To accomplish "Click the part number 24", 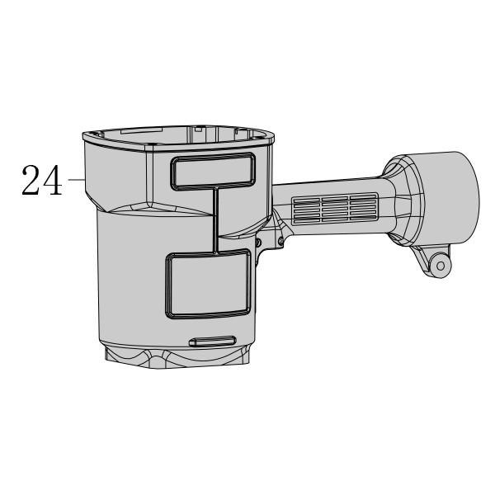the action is point(42,180).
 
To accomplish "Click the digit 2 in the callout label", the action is point(31,180).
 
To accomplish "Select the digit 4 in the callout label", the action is point(53,180).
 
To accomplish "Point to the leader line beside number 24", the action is point(76,179).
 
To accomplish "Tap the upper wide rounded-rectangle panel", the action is point(214,172).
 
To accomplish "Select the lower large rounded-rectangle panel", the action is point(208,283).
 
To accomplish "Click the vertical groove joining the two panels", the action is point(216,220).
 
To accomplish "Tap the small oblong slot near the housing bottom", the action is point(213,342).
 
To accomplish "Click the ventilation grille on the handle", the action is point(335,209).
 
